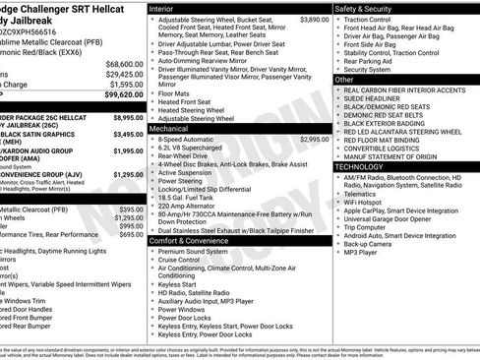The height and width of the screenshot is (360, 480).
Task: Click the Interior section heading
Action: [168, 8]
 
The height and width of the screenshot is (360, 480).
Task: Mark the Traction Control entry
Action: [374, 20]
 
